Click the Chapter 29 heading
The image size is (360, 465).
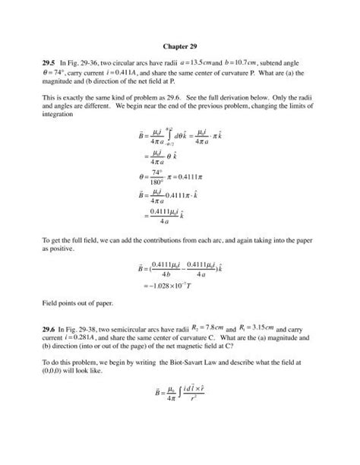click(x=179, y=45)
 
